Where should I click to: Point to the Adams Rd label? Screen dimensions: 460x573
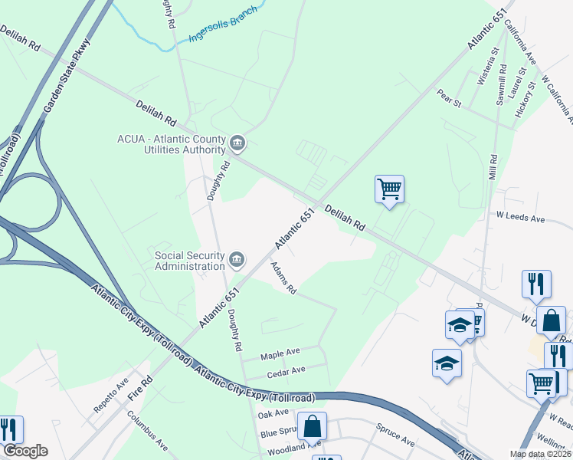(x=283, y=278)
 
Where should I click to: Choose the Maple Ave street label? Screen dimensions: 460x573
(x=280, y=353)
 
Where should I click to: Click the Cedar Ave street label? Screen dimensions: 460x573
(x=286, y=370)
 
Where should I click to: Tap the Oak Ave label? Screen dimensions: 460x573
(x=273, y=414)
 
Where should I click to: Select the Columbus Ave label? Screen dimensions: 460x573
(x=147, y=431)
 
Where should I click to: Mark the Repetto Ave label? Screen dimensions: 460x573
(x=112, y=396)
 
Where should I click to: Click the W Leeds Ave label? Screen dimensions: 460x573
(x=521, y=219)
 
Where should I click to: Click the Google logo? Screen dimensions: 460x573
(x=25, y=451)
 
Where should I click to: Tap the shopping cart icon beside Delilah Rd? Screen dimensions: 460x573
(x=389, y=189)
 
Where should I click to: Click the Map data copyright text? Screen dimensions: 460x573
(x=539, y=454)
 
